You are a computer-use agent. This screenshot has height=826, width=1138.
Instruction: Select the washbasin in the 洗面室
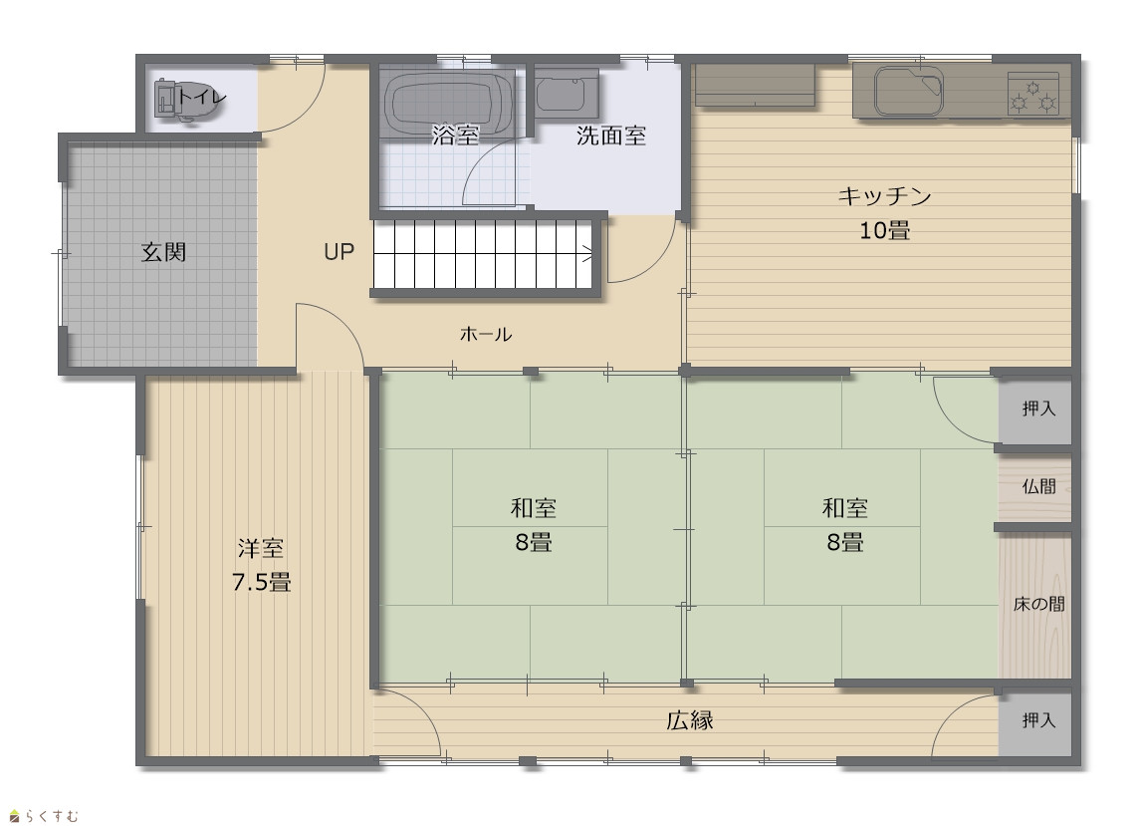click(568, 93)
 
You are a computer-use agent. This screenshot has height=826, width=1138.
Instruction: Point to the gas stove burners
click(1032, 95)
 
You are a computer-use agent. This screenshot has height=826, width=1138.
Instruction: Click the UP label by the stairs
click(339, 252)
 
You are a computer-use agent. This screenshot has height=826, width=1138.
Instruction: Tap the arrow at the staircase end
click(586, 254)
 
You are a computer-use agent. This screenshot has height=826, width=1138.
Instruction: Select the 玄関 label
click(163, 252)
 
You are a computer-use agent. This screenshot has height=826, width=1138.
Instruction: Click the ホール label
click(486, 334)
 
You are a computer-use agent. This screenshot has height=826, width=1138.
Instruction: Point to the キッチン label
click(885, 196)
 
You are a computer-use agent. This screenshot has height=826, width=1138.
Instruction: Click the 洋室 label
click(261, 548)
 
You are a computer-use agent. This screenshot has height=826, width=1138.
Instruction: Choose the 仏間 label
click(1038, 486)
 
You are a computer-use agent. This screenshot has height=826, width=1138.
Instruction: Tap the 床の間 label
click(1038, 604)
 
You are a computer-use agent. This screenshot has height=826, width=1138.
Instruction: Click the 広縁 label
click(690, 720)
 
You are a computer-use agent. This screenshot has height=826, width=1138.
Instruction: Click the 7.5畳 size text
click(261, 583)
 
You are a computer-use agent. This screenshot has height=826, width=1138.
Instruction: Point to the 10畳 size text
click(885, 230)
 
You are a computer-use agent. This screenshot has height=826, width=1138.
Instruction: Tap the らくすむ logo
click(44, 816)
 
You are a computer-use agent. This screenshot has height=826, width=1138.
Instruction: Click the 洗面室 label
click(611, 136)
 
